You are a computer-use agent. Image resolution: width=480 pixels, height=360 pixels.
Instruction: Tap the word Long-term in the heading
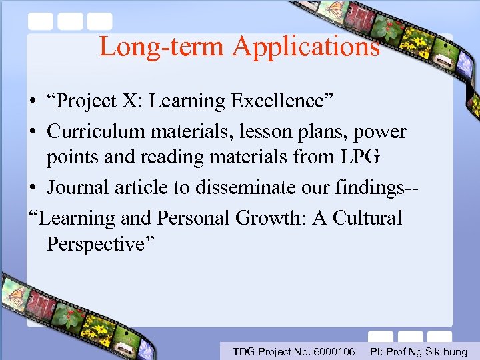[162, 47]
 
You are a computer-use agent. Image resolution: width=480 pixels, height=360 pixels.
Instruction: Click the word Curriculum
[95, 131]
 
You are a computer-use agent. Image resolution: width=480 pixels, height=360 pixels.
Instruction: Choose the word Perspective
[100, 245]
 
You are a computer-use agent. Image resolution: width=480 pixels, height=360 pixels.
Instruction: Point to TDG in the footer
[243, 351]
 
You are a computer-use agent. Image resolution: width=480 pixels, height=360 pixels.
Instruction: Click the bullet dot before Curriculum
[32, 132]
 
